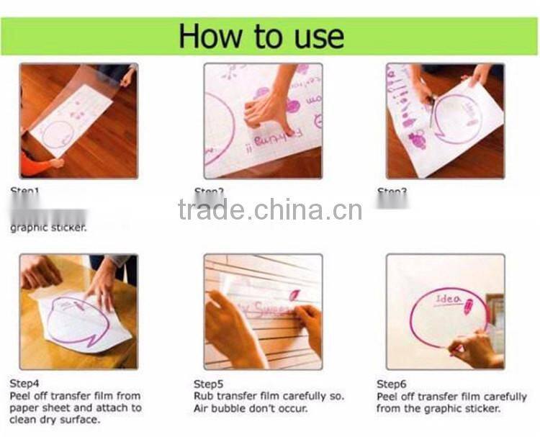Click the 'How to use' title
click(261, 35)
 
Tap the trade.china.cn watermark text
click(270, 210)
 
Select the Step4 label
click(25, 384)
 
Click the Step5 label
click(210, 384)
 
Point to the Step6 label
click(392, 384)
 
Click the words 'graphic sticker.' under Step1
click(48, 228)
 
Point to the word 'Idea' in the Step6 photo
click(448, 299)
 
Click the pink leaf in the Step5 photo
click(295, 294)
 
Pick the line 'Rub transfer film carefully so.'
click(269, 396)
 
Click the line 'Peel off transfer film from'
click(75, 396)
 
